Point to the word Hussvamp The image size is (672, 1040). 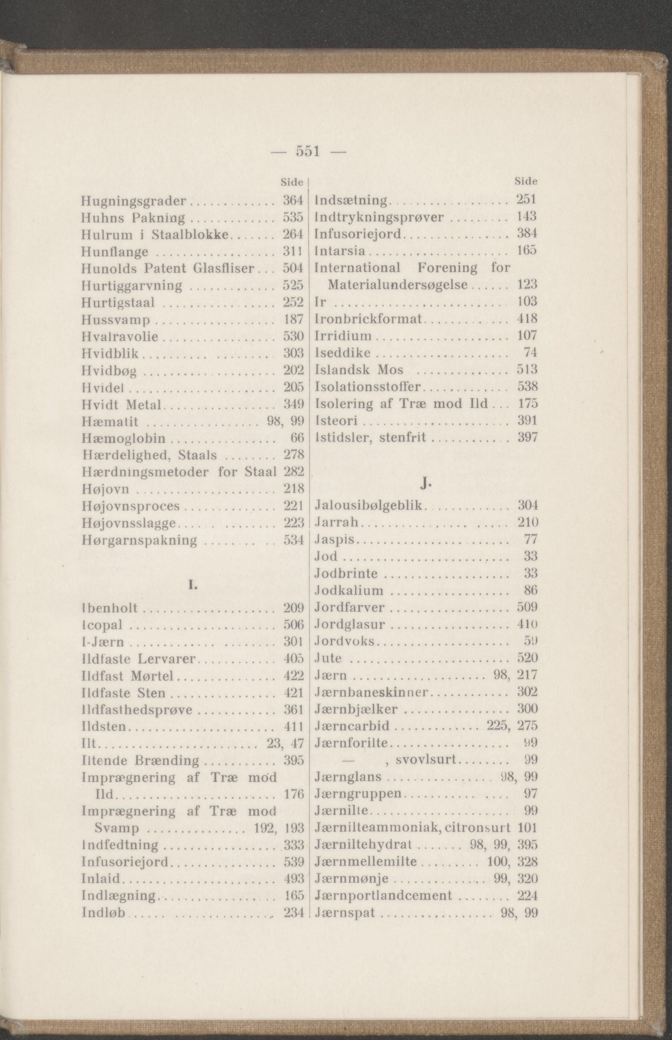[x=116, y=320]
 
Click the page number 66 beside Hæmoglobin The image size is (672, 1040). [x=296, y=438]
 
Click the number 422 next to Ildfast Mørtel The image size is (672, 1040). [x=293, y=676]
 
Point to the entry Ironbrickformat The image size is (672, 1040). [x=368, y=318]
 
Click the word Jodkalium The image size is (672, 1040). [x=349, y=591]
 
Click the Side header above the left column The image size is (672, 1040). [x=291, y=182]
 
